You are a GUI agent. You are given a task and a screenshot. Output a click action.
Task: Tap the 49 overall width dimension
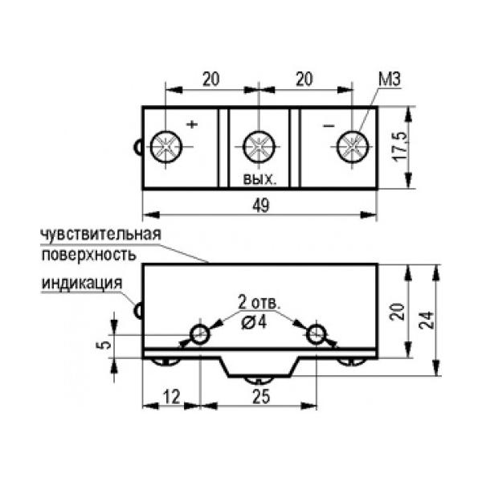261,206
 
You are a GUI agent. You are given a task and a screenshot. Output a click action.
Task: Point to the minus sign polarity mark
327,126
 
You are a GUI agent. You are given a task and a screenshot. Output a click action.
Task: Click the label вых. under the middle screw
259,180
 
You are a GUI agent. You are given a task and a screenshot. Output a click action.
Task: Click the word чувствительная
101,235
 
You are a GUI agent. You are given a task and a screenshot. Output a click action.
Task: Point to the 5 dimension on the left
101,344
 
